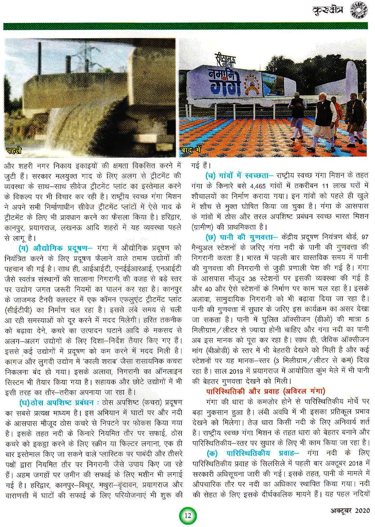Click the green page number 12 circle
point(188,515)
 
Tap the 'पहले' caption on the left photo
point(14,151)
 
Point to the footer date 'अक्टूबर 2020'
point(350,511)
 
